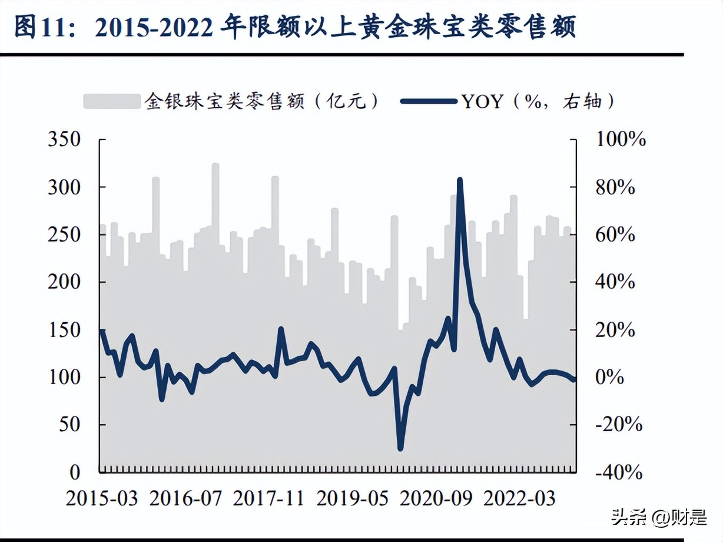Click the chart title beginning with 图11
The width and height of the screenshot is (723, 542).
tap(294, 28)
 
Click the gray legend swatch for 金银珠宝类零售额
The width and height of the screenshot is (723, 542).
tap(112, 101)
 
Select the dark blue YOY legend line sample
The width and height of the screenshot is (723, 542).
tap(429, 101)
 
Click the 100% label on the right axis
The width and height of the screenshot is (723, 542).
tap(621, 140)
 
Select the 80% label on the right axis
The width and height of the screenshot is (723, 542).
tap(615, 187)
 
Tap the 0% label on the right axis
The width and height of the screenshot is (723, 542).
tap(609, 377)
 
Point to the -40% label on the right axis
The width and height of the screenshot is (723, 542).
tap(618, 472)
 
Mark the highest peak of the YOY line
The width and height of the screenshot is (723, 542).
tap(460, 180)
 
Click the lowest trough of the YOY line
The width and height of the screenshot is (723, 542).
tap(400, 449)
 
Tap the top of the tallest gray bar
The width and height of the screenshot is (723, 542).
tap(215, 164)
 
